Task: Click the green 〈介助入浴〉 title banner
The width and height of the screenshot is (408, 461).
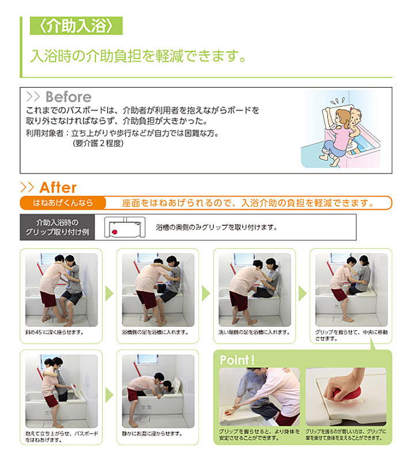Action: point(76,25)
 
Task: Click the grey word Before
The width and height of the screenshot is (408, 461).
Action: point(69,97)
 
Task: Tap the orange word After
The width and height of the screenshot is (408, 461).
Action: point(58,188)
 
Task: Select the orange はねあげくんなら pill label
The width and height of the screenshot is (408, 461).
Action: point(63,203)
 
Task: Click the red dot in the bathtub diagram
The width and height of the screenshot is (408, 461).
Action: point(115,232)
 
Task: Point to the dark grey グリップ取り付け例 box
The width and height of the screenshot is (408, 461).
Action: point(57,227)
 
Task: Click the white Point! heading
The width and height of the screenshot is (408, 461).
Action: point(237,360)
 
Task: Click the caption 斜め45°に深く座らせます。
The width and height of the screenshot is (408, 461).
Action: point(55,332)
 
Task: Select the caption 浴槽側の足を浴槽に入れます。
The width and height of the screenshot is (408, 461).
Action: point(155,332)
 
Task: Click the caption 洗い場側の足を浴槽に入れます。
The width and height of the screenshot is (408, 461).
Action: point(255,332)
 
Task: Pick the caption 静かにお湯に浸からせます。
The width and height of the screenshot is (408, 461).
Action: point(153,434)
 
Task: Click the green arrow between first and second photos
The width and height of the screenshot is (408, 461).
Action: point(109,293)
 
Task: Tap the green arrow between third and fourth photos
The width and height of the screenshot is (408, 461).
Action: point(303,293)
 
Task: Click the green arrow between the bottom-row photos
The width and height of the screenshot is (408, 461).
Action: point(109,395)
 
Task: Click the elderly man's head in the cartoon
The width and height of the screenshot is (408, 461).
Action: point(356,116)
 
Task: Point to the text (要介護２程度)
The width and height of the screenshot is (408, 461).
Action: point(98,143)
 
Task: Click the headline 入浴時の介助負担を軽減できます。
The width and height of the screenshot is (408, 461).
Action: point(138,55)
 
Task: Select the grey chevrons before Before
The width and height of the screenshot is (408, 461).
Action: point(33,97)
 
